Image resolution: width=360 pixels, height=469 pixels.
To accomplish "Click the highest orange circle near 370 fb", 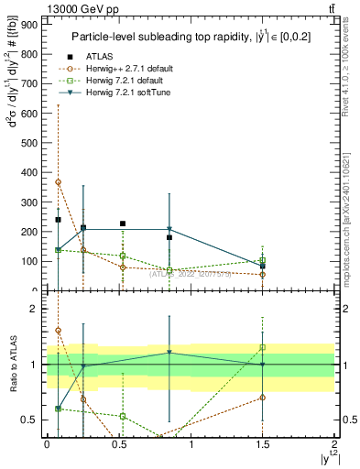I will click(x=58, y=182).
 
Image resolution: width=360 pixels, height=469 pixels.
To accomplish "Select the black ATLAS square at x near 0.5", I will click(x=123, y=224).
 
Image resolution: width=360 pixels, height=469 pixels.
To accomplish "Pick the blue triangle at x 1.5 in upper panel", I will click(x=263, y=265).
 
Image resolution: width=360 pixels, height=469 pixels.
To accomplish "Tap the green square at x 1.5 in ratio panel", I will click(x=263, y=347).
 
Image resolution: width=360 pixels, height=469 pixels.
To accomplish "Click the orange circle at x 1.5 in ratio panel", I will click(x=263, y=398).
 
